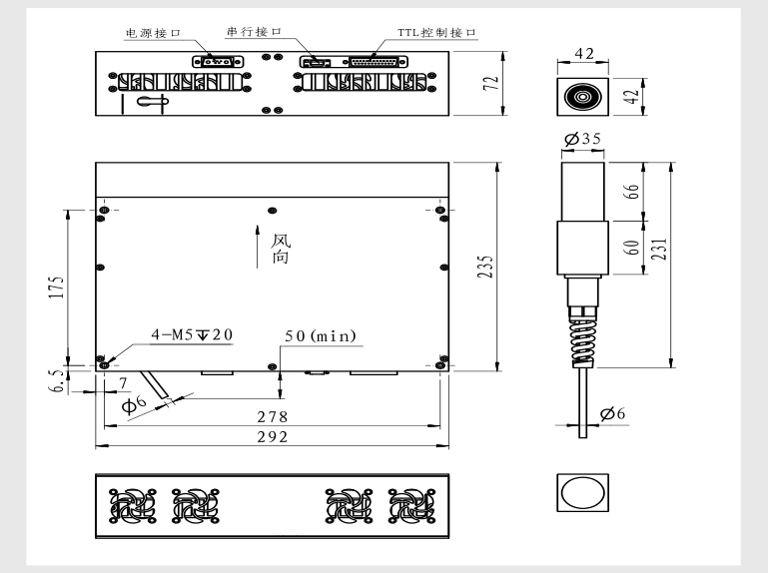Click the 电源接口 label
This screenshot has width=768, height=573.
click(x=154, y=33)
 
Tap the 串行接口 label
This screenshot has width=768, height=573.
click(x=254, y=31)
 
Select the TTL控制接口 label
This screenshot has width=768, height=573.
click(x=436, y=32)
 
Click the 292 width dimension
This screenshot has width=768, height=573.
click(x=273, y=436)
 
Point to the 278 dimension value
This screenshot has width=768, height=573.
click(x=273, y=416)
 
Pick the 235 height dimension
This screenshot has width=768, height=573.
click(x=485, y=267)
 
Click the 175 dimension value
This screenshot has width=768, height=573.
click(x=56, y=287)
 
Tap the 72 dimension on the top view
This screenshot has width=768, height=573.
click(x=490, y=83)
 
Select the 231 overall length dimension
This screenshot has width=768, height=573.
click(x=659, y=250)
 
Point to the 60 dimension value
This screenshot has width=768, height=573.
click(x=631, y=248)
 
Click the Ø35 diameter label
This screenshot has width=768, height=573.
click(x=582, y=139)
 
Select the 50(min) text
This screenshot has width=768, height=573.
click(x=321, y=336)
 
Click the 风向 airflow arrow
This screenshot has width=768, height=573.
click(x=257, y=247)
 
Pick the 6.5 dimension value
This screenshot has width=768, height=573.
click(x=57, y=380)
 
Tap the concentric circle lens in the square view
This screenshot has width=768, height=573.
click(x=582, y=97)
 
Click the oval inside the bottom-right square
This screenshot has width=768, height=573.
click(x=583, y=493)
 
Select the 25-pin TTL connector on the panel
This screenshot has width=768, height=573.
click(x=379, y=62)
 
